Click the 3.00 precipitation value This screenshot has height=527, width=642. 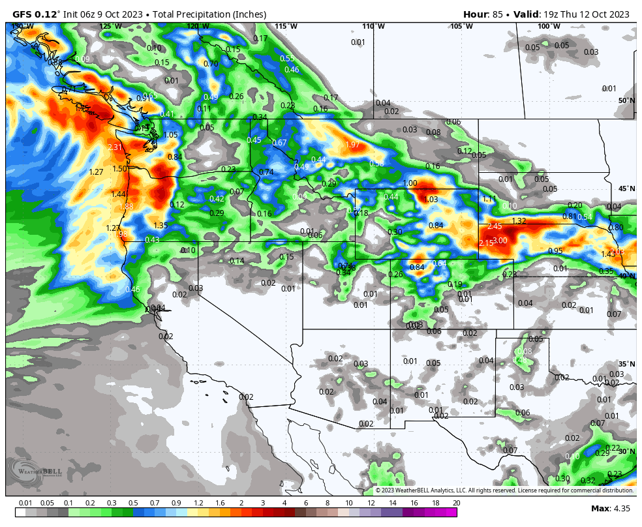point(500,241)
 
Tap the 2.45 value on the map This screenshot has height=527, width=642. point(495,226)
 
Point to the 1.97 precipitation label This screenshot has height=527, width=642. point(352,145)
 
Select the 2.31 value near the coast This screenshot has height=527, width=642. point(115,147)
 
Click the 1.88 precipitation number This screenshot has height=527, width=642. point(126,207)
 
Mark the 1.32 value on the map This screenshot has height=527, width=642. point(519,221)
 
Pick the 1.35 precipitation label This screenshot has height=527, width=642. point(160,226)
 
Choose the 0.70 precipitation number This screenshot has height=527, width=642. point(211,64)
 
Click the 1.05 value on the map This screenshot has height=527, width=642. point(170,135)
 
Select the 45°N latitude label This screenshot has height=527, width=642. point(626,189)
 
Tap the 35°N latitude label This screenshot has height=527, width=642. point(626,364)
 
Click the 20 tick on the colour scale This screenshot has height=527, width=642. point(456,503)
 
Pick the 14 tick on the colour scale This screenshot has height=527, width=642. point(392,503)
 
